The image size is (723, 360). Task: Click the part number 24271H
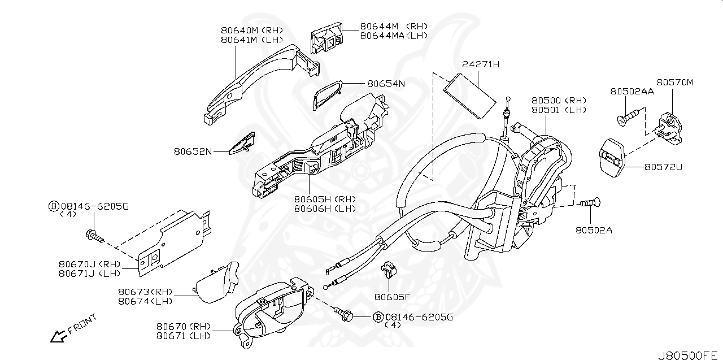click(481, 64)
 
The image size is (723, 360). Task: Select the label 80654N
click(386, 84)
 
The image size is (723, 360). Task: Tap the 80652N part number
click(193, 151)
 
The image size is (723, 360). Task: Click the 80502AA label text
click(631, 91)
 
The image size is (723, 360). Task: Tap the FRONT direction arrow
click(58, 336)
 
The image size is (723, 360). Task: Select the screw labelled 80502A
click(590, 202)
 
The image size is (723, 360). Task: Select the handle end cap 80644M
click(326, 37)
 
